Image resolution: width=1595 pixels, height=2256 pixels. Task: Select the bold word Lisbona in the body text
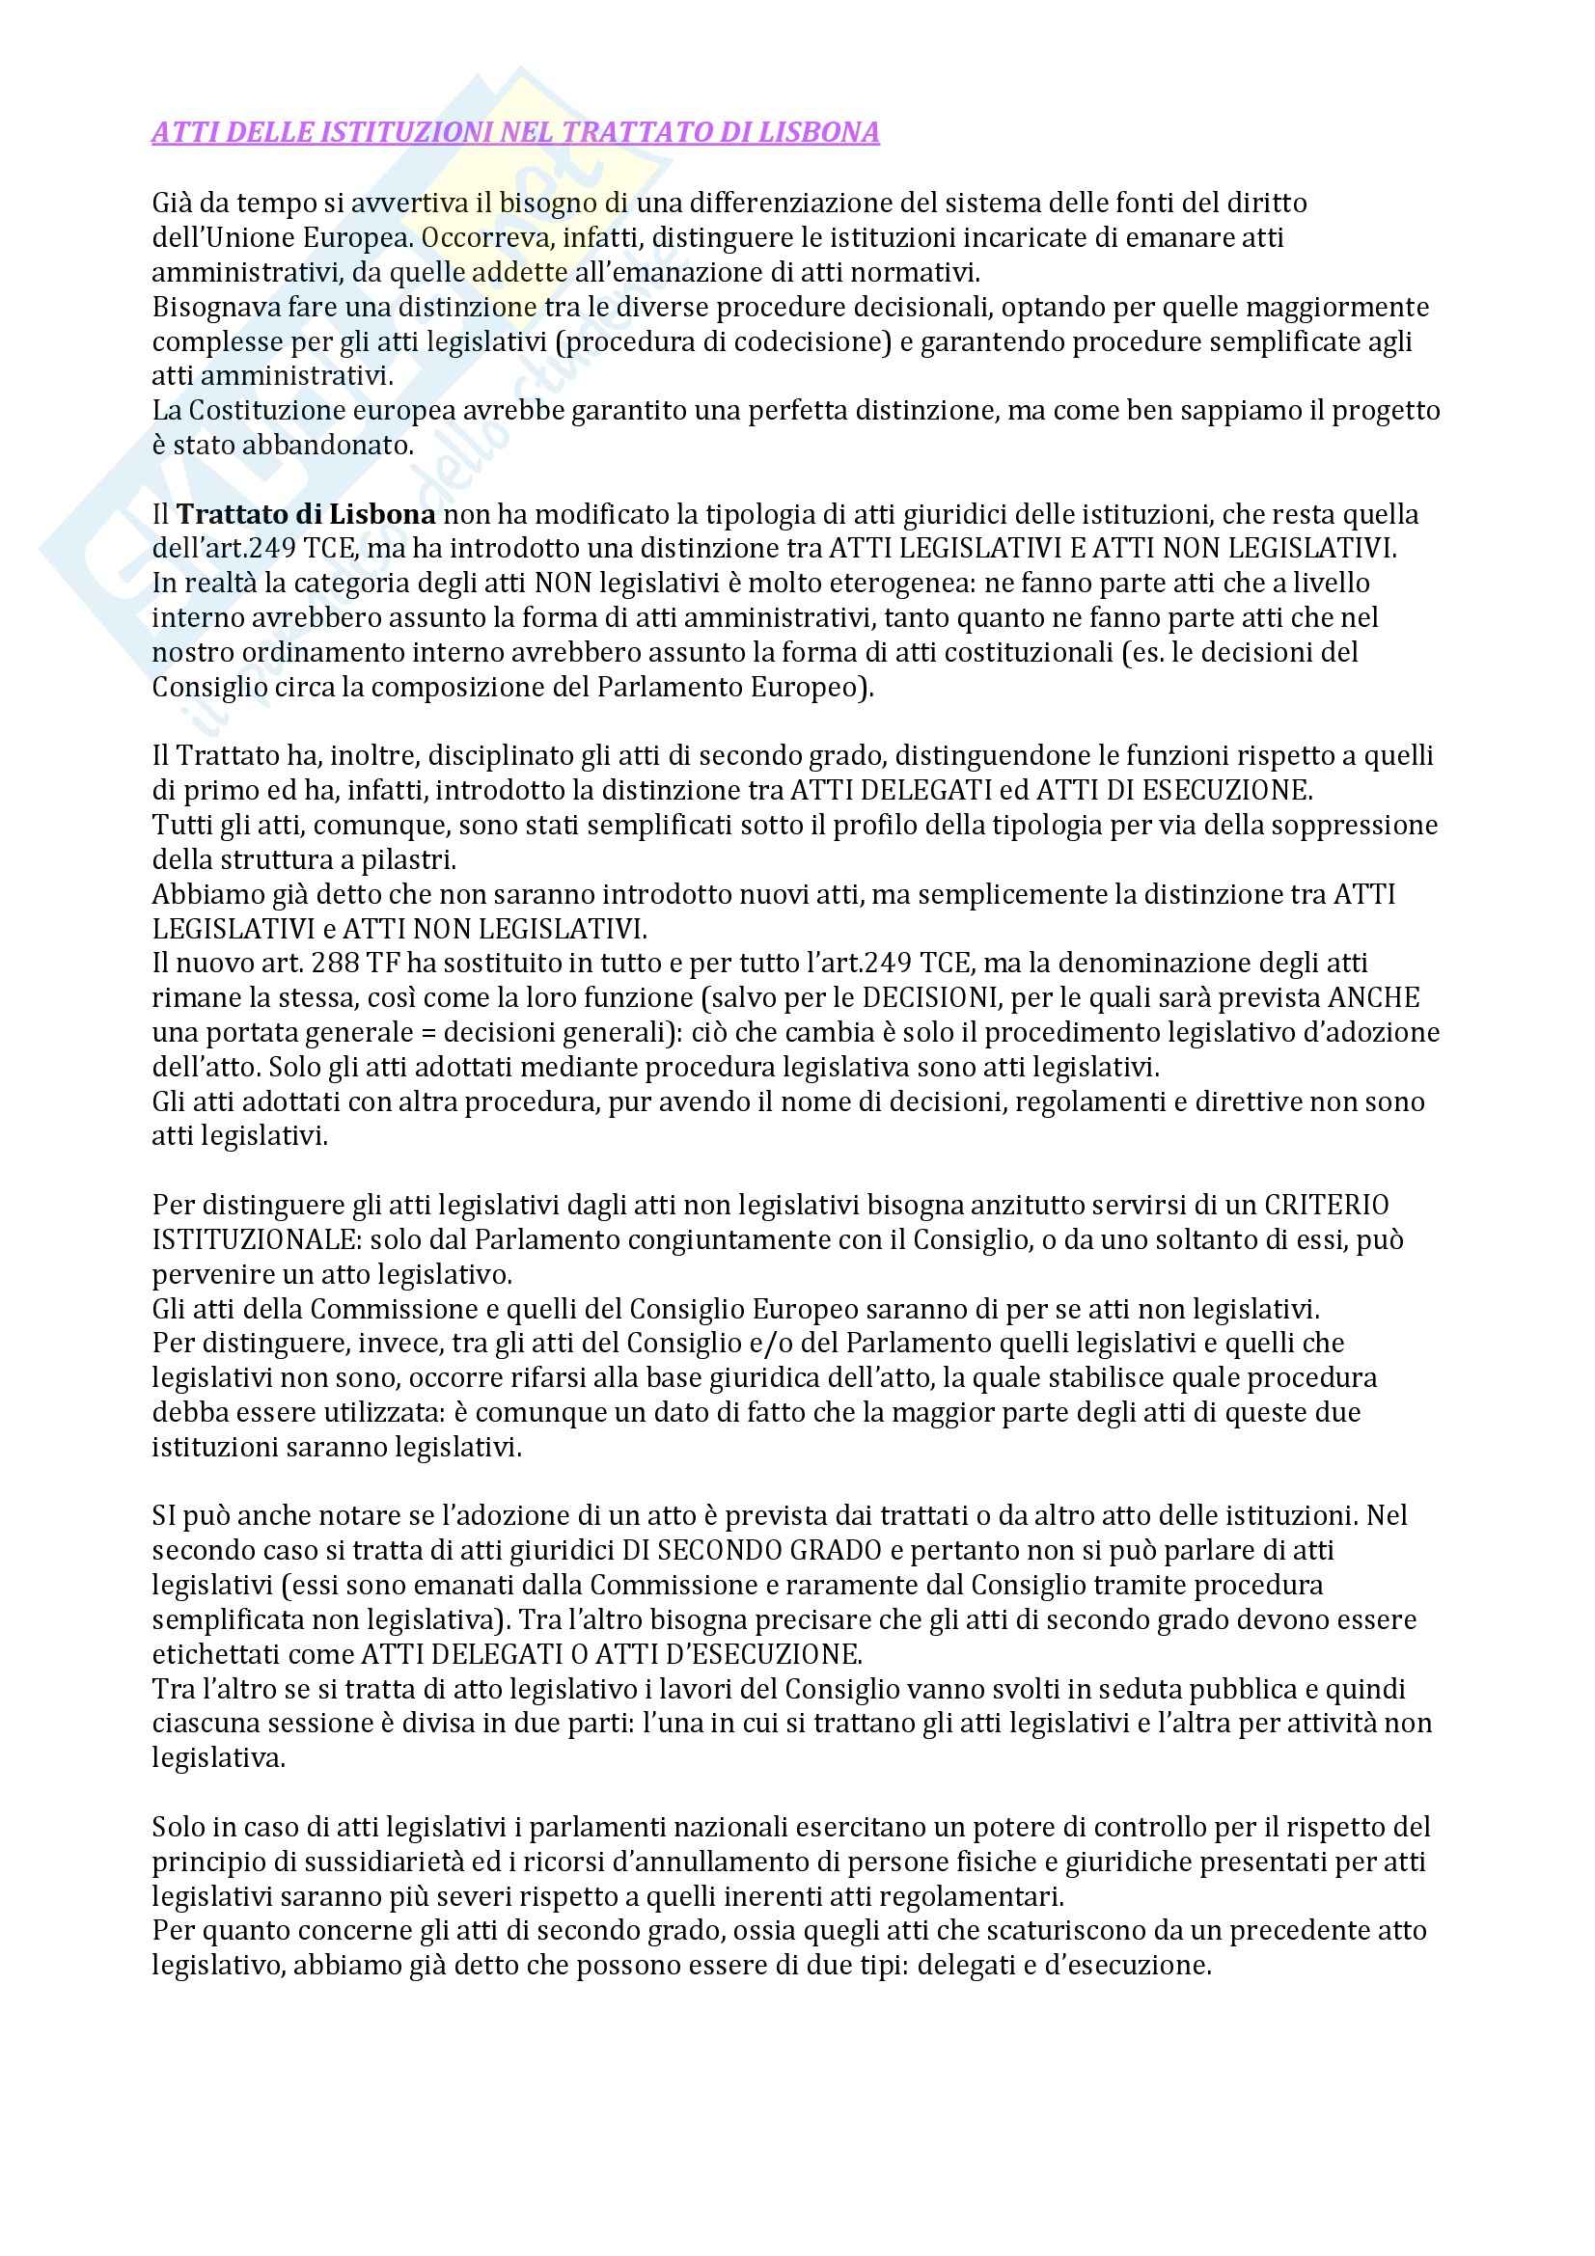point(382,515)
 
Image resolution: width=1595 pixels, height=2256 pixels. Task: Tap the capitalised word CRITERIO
point(1327,1205)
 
